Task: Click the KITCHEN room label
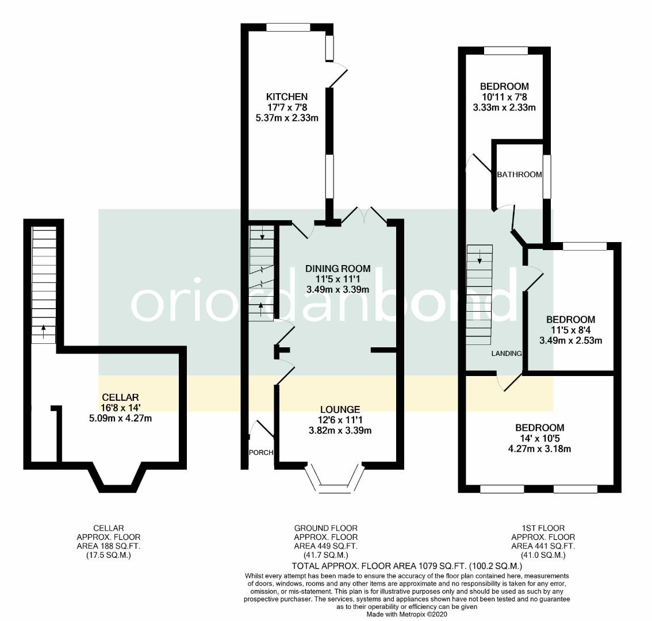pyautogui.click(x=287, y=97)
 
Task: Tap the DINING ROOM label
pyautogui.click(x=337, y=269)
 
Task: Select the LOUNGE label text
pyautogui.click(x=340, y=410)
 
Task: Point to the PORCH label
pyautogui.click(x=260, y=453)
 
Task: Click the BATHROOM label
pyautogui.click(x=519, y=175)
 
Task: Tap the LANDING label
pyautogui.click(x=507, y=354)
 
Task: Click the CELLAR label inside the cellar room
pyautogui.click(x=121, y=398)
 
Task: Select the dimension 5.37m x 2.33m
pyautogui.click(x=287, y=118)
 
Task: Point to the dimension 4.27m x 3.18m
pyautogui.click(x=540, y=449)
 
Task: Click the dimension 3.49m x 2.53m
pyautogui.click(x=570, y=340)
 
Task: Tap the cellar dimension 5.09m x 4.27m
pyautogui.click(x=121, y=419)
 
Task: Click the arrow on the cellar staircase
pyautogui.click(x=43, y=332)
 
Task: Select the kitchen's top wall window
pyautogui.click(x=288, y=27)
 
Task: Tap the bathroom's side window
pyautogui.click(x=547, y=177)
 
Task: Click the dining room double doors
pyautogui.click(x=364, y=216)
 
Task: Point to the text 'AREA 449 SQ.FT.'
pyautogui.click(x=325, y=546)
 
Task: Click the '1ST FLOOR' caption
pyautogui.click(x=543, y=528)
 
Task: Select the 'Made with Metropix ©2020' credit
pyautogui.click(x=406, y=614)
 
